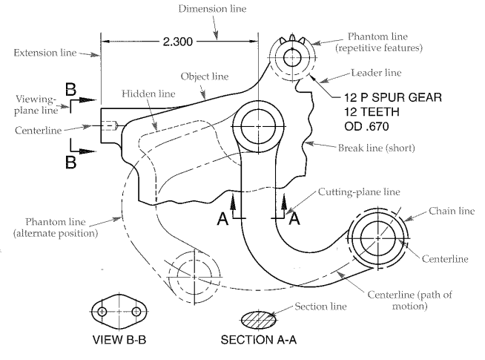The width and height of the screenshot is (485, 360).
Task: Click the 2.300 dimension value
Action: point(178,42)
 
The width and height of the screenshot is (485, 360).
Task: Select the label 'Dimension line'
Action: point(212,9)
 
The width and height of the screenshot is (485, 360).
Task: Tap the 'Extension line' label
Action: point(44,53)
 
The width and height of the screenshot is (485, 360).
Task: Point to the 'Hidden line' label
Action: point(148,94)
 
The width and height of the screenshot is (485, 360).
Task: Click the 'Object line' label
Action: point(205,76)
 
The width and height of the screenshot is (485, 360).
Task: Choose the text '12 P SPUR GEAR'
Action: point(393,97)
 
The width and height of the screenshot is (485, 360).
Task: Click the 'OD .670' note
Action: point(366,126)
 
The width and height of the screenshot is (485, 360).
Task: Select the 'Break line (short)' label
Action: point(376,148)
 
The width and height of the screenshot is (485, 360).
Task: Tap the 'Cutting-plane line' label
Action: point(359,192)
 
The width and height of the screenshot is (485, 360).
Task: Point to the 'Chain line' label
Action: point(452,211)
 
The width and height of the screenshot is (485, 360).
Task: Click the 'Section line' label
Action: point(320,307)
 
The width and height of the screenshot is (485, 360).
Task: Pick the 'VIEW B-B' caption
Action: point(119,339)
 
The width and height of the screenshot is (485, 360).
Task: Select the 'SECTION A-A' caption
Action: point(259,339)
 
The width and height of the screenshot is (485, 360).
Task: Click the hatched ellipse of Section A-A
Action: point(258,319)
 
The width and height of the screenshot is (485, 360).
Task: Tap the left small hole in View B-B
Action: point(102,312)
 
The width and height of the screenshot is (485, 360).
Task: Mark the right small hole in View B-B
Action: point(136,312)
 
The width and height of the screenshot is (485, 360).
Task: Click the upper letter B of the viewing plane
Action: point(70,90)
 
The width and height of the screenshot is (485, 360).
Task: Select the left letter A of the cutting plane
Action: point(222,219)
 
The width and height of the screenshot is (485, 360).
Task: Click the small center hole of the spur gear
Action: point(292,58)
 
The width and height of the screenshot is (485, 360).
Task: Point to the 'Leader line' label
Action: point(376,73)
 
